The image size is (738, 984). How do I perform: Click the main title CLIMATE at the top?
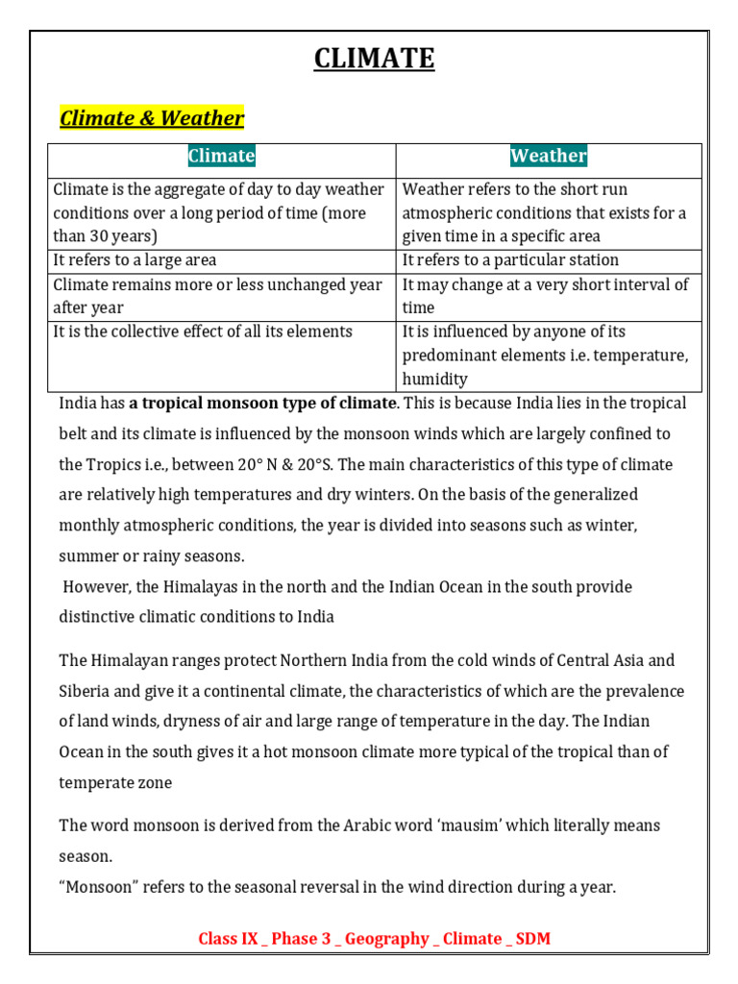375,60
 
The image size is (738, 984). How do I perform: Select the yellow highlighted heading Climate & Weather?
152,118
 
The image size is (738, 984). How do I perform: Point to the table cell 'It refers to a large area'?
135,260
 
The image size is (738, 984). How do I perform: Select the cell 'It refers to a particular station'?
510,260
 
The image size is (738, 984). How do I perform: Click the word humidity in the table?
434,380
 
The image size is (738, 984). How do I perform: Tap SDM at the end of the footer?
532,939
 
